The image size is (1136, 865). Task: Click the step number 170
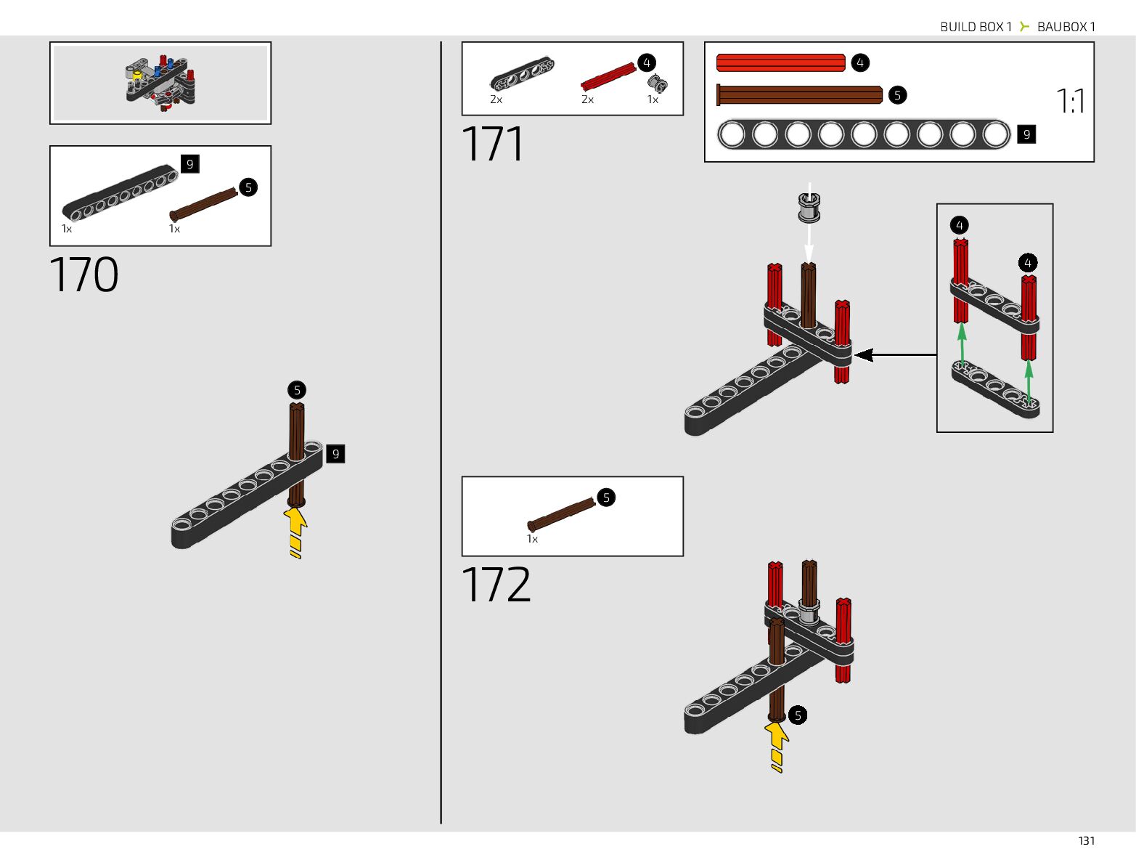pyautogui.click(x=84, y=275)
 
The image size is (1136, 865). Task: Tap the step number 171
pyautogui.click(x=493, y=145)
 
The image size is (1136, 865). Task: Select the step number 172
pyautogui.click(x=497, y=585)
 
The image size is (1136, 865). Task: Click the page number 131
pyautogui.click(x=1086, y=840)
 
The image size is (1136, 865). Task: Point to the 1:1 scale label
pyautogui.click(x=1070, y=101)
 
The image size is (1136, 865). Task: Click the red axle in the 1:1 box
pyautogui.click(x=780, y=63)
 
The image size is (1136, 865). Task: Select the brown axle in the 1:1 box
pyautogui.click(x=799, y=95)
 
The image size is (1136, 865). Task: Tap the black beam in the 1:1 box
pyautogui.click(x=863, y=134)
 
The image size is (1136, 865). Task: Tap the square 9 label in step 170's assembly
pyautogui.click(x=335, y=454)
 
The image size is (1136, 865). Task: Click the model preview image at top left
pyautogui.click(x=160, y=83)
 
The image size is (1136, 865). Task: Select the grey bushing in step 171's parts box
pyautogui.click(x=657, y=83)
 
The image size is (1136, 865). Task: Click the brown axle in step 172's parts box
pyautogui.click(x=561, y=513)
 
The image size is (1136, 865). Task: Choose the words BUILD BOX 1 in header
pyautogui.click(x=976, y=27)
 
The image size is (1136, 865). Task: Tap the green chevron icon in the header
pyautogui.click(x=1024, y=27)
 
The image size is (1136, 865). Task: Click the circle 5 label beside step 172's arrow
pyautogui.click(x=798, y=715)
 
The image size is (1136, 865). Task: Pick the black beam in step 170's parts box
pyautogui.click(x=120, y=192)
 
